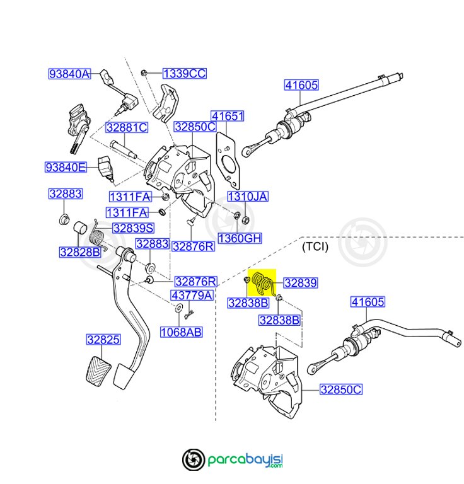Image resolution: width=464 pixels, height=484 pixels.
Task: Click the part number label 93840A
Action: pos(69,74)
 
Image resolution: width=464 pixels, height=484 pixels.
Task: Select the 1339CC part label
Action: pos(184,74)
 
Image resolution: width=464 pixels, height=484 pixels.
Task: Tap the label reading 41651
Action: pos(227,117)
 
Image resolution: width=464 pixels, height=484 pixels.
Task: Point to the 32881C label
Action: pos(126,127)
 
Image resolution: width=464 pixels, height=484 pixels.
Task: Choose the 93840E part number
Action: pos(65,167)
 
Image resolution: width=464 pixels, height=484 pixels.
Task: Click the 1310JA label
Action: pos(247,197)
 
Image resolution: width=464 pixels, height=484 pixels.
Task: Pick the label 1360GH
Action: pos(240,238)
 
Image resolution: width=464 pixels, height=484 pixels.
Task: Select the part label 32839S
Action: pos(133,228)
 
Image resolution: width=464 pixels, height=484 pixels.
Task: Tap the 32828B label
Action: pos(80,252)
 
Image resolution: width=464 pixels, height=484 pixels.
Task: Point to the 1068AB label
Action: pos(181,331)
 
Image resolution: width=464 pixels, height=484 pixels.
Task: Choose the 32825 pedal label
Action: pos(103,340)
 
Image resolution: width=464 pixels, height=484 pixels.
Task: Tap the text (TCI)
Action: pos(315,246)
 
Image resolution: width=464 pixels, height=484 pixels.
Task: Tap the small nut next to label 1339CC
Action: pos(145,73)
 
